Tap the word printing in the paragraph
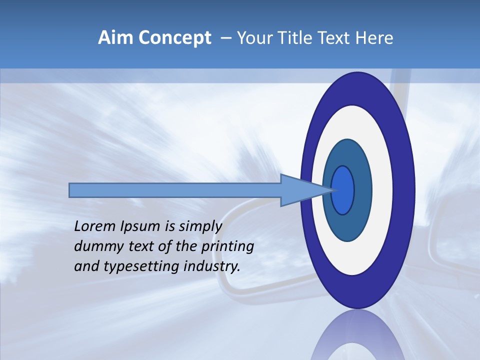click(227, 247)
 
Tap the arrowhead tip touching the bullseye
click(332, 190)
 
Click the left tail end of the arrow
click(71, 190)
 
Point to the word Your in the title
click(252, 38)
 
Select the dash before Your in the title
click(225, 38)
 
